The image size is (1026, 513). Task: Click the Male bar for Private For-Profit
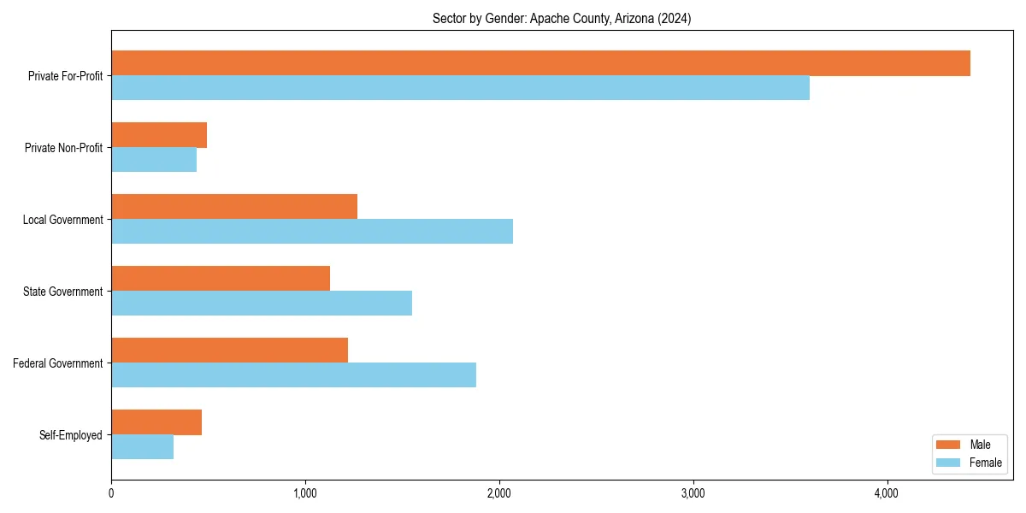tap(540, 63)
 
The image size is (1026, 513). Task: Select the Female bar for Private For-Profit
tap(460, 88)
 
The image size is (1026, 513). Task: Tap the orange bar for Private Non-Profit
tap(159, 135)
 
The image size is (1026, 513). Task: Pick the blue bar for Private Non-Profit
tap(154, 160)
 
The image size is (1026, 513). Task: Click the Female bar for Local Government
tap(312, 232)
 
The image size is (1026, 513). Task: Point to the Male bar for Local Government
tap(234, 207)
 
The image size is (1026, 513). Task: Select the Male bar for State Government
tap(221, 279)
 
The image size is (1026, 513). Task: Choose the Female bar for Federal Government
tap(293, 375)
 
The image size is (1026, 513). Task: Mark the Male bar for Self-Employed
tap(156, 422)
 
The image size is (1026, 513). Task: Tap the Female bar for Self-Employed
tap(142, 447)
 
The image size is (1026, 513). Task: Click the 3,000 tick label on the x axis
tap(693, 493)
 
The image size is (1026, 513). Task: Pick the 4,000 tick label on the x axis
tap(887, 493)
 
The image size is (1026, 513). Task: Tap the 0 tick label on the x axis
tap(111, 493)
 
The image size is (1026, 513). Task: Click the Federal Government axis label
tap(58, 363)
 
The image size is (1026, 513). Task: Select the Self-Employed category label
tap(71, 435)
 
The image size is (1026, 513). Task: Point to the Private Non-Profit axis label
tap(63, 148)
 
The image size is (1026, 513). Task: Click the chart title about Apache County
tap(562, 19)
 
